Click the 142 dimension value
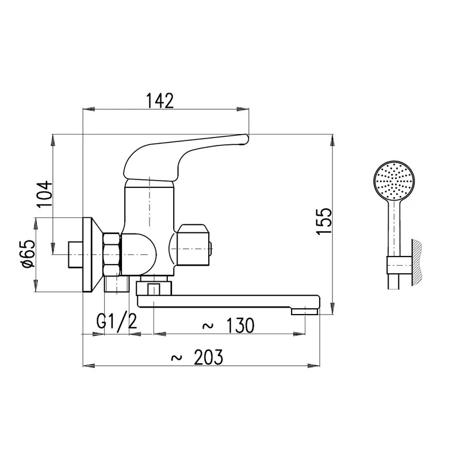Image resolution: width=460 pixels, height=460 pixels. point(159,100)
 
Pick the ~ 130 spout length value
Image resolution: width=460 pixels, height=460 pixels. point(228,325)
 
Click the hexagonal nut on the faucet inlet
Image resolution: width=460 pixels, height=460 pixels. point(112,253)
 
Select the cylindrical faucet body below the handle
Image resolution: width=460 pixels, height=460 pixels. point(148,207)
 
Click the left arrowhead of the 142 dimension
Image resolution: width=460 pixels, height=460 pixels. point(87,108)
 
